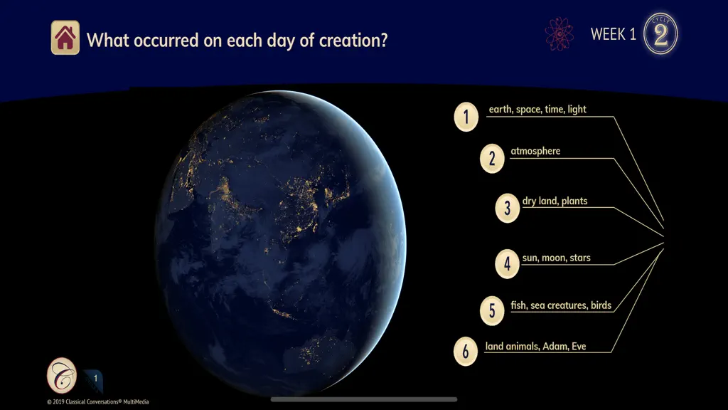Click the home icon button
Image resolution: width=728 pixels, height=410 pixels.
pyautogui.click(x=65, y=38)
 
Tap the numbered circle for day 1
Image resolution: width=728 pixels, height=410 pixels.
pyautogui.click(x=466, y=117)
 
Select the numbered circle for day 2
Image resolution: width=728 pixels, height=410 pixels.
pyautogui.click(x=492, y=159)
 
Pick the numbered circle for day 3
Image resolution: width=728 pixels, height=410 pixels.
pyautogui.click(x=508, y=209)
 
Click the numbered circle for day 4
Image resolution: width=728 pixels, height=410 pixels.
pyautogui.click(x=508, y=264)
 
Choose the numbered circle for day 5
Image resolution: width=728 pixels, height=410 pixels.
pyautogui.click(x=492, y=310)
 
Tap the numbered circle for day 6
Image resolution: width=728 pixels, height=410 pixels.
pyautogui.click(x=466, y=352)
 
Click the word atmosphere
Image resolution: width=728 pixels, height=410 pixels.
pyautogui.click(x=535, y=151)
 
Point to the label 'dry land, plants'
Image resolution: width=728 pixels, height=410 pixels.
pyautogui.click(x=555, y=201)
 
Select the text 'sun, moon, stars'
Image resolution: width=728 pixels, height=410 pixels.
pyautogui.click(x=556, y=258)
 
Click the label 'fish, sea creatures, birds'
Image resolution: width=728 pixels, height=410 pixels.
pyautogui.click(x=561, y=305)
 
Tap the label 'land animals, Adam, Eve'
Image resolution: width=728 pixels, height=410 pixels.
pyautogui.click(x=535, y=347)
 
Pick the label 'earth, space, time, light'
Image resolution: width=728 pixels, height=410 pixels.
pyautogui.click(x=537, y=109)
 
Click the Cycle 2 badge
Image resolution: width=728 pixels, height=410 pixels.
pyautogui.click(x=660, y=33)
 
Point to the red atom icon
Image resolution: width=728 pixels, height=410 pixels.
pyautogui.click(x=559, y=34)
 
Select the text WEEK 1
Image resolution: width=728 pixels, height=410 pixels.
pyautogui.click(x=613, y=34)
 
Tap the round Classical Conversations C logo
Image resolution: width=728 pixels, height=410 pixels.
pyautogui.click(x=62, y=375)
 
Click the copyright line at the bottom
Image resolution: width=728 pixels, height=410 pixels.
pyautogui.click(x=97, y=401)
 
